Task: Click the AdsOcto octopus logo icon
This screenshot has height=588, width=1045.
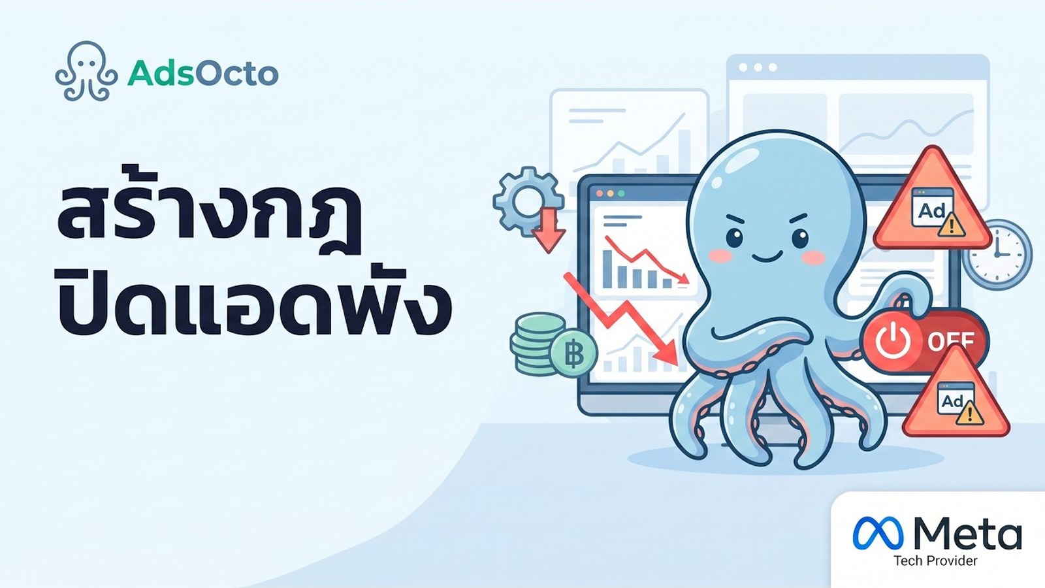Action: coord(86,71)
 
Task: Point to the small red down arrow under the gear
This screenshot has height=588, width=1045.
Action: coord(549,231)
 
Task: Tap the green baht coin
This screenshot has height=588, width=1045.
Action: coord(573,353)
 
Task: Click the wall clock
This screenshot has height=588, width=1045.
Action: coord(997,254)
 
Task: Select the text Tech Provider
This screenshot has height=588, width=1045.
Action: coord(935,561)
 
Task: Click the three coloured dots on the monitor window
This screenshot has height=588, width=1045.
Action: coord(609,193)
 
